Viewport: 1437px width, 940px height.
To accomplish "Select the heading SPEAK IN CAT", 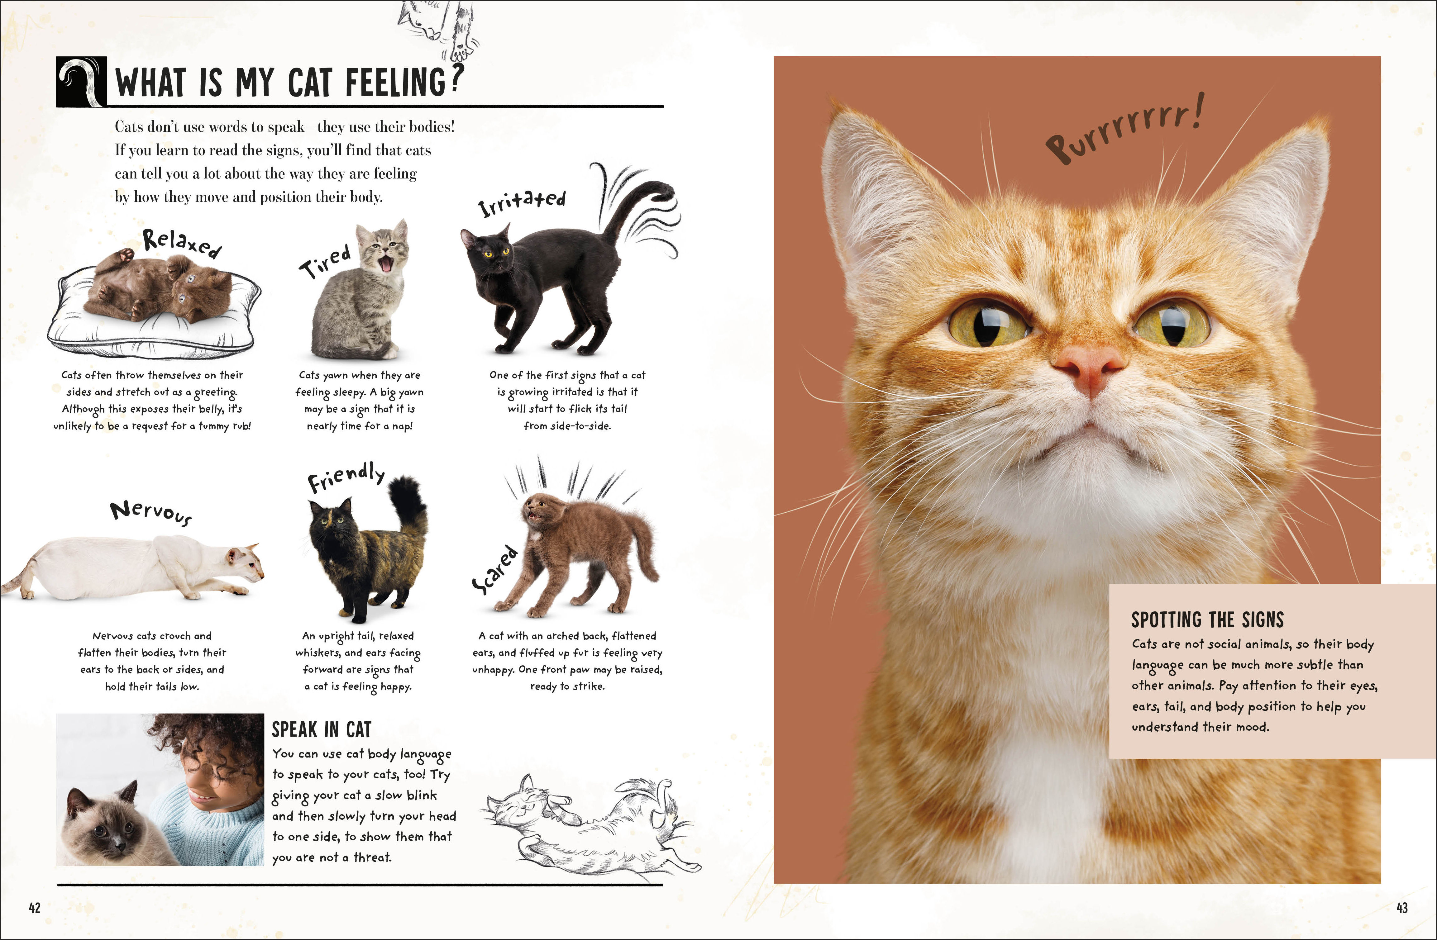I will tap(321, 729).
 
